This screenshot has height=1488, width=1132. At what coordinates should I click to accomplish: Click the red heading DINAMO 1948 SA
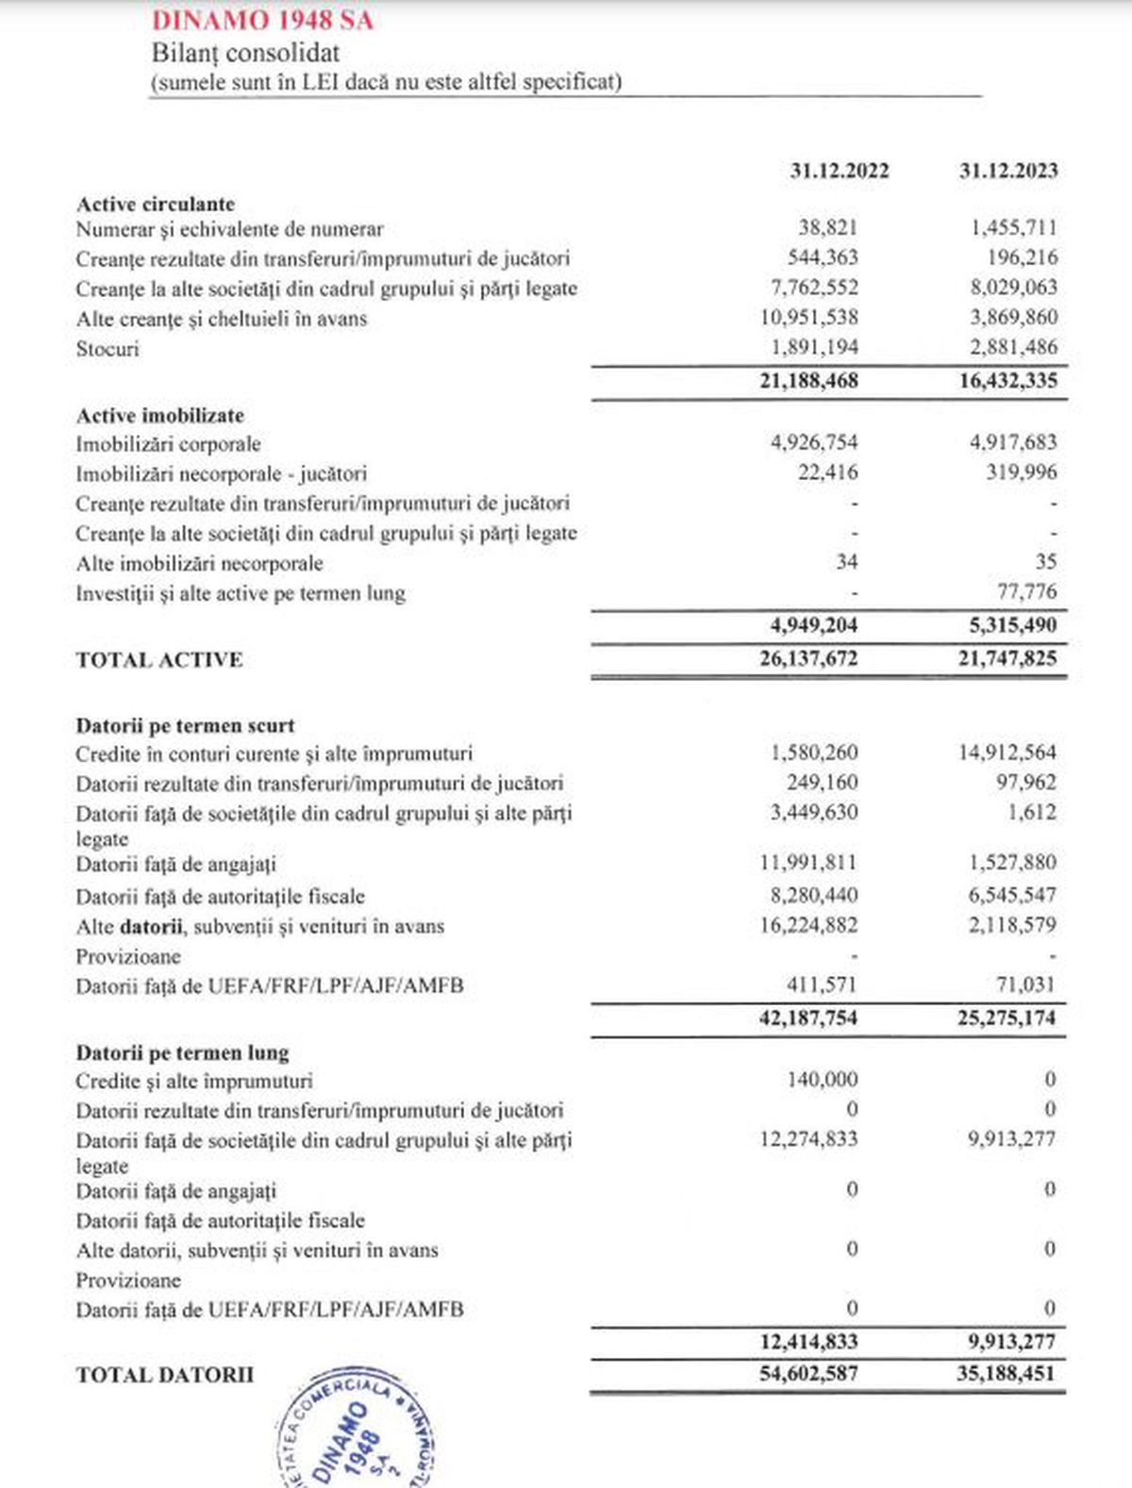262,20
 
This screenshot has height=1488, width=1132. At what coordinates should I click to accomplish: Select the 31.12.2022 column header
839,171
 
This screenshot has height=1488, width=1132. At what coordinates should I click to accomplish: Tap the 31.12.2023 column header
1007,171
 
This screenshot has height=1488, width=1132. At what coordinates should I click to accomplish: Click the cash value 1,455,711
1013,227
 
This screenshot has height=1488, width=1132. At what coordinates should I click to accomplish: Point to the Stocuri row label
108,349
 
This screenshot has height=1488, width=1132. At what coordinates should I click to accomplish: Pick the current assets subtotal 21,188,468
808,381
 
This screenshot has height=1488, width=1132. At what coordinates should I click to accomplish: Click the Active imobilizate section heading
159,416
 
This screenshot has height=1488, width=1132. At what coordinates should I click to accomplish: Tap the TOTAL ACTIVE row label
158,659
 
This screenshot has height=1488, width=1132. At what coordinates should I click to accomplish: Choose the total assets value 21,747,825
1007,658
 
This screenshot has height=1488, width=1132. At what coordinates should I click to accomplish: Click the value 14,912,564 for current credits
1007,752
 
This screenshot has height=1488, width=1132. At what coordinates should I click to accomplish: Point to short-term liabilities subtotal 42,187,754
808,1018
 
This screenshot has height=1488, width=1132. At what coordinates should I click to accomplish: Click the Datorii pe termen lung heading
182,1052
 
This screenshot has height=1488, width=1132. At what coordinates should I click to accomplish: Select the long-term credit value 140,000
822,1080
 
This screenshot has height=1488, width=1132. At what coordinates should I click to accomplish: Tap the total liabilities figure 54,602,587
808,1374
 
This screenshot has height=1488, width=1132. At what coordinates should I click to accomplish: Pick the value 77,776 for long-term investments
1026,592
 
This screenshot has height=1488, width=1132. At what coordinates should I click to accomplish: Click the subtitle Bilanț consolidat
245,53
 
